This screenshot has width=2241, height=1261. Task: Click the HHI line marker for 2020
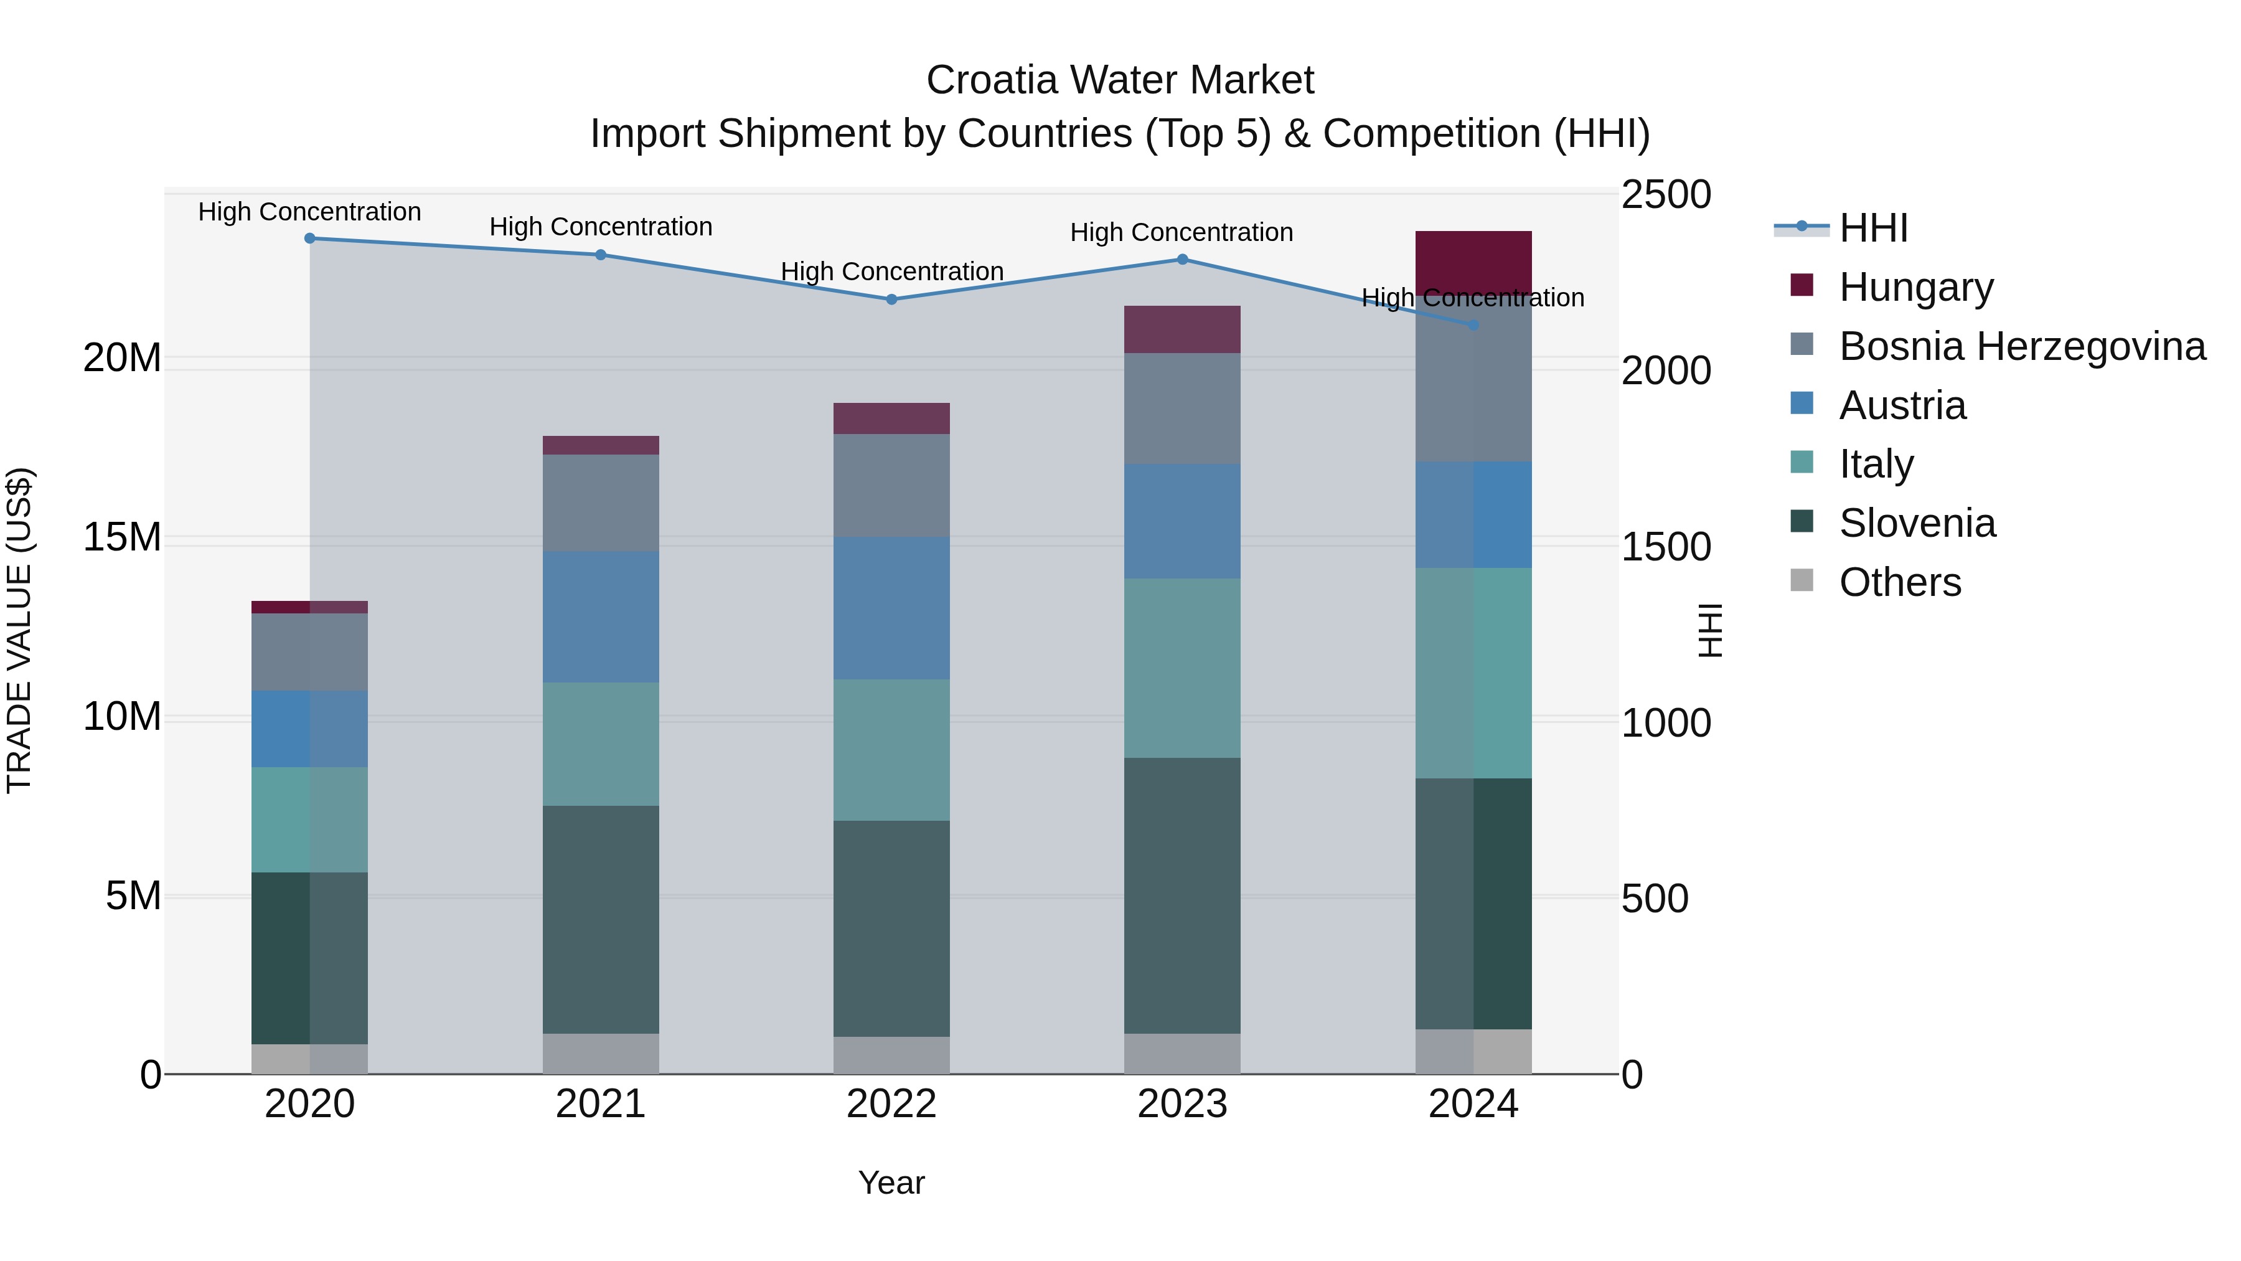click(x=310, y=239)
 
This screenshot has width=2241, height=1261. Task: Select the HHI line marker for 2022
click(x=891, y=300)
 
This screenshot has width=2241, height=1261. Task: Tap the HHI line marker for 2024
click(x=1473, y=326)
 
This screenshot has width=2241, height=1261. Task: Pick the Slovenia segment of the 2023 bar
click(x=1182, y=895)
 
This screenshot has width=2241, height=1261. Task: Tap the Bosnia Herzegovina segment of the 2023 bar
click(x=1182, y=408)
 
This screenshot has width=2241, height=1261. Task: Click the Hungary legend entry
click(x=1915, y=287)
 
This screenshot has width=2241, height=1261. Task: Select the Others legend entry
click(x=1899, y=582)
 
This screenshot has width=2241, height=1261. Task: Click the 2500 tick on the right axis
click(x=1666, y=194)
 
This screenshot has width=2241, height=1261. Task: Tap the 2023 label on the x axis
click(x=1182, y=1104)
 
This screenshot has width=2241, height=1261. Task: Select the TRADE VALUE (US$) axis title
click(x=19, y=630)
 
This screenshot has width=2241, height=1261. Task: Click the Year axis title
click(x=891, y=1183)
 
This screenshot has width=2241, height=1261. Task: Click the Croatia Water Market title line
click(x=1120, y=80)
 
